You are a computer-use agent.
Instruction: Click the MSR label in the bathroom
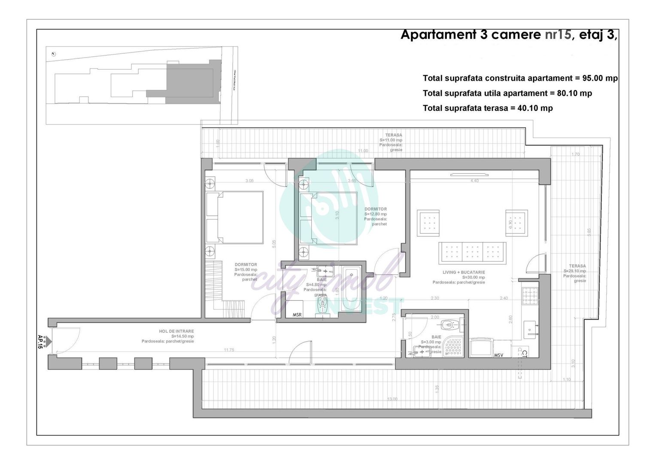coord(297,315)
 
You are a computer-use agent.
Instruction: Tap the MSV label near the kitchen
coord(498,355)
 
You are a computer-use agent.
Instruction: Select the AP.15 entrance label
coord(41,342)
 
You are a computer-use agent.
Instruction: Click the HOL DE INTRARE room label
coord(176,331)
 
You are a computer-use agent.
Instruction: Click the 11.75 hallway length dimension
coord(229,350)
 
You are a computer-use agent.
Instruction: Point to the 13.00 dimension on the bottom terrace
coord(392,399)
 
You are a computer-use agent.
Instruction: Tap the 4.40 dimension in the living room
coord(474,181)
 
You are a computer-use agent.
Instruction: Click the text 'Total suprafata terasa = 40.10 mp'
coord(488,108)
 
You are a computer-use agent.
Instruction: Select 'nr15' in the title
coord(558,35)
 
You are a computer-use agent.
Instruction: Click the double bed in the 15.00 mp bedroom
coord(235,217)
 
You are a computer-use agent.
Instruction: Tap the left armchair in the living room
coord(428,223)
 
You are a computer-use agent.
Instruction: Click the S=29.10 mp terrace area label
coord(574,271)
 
